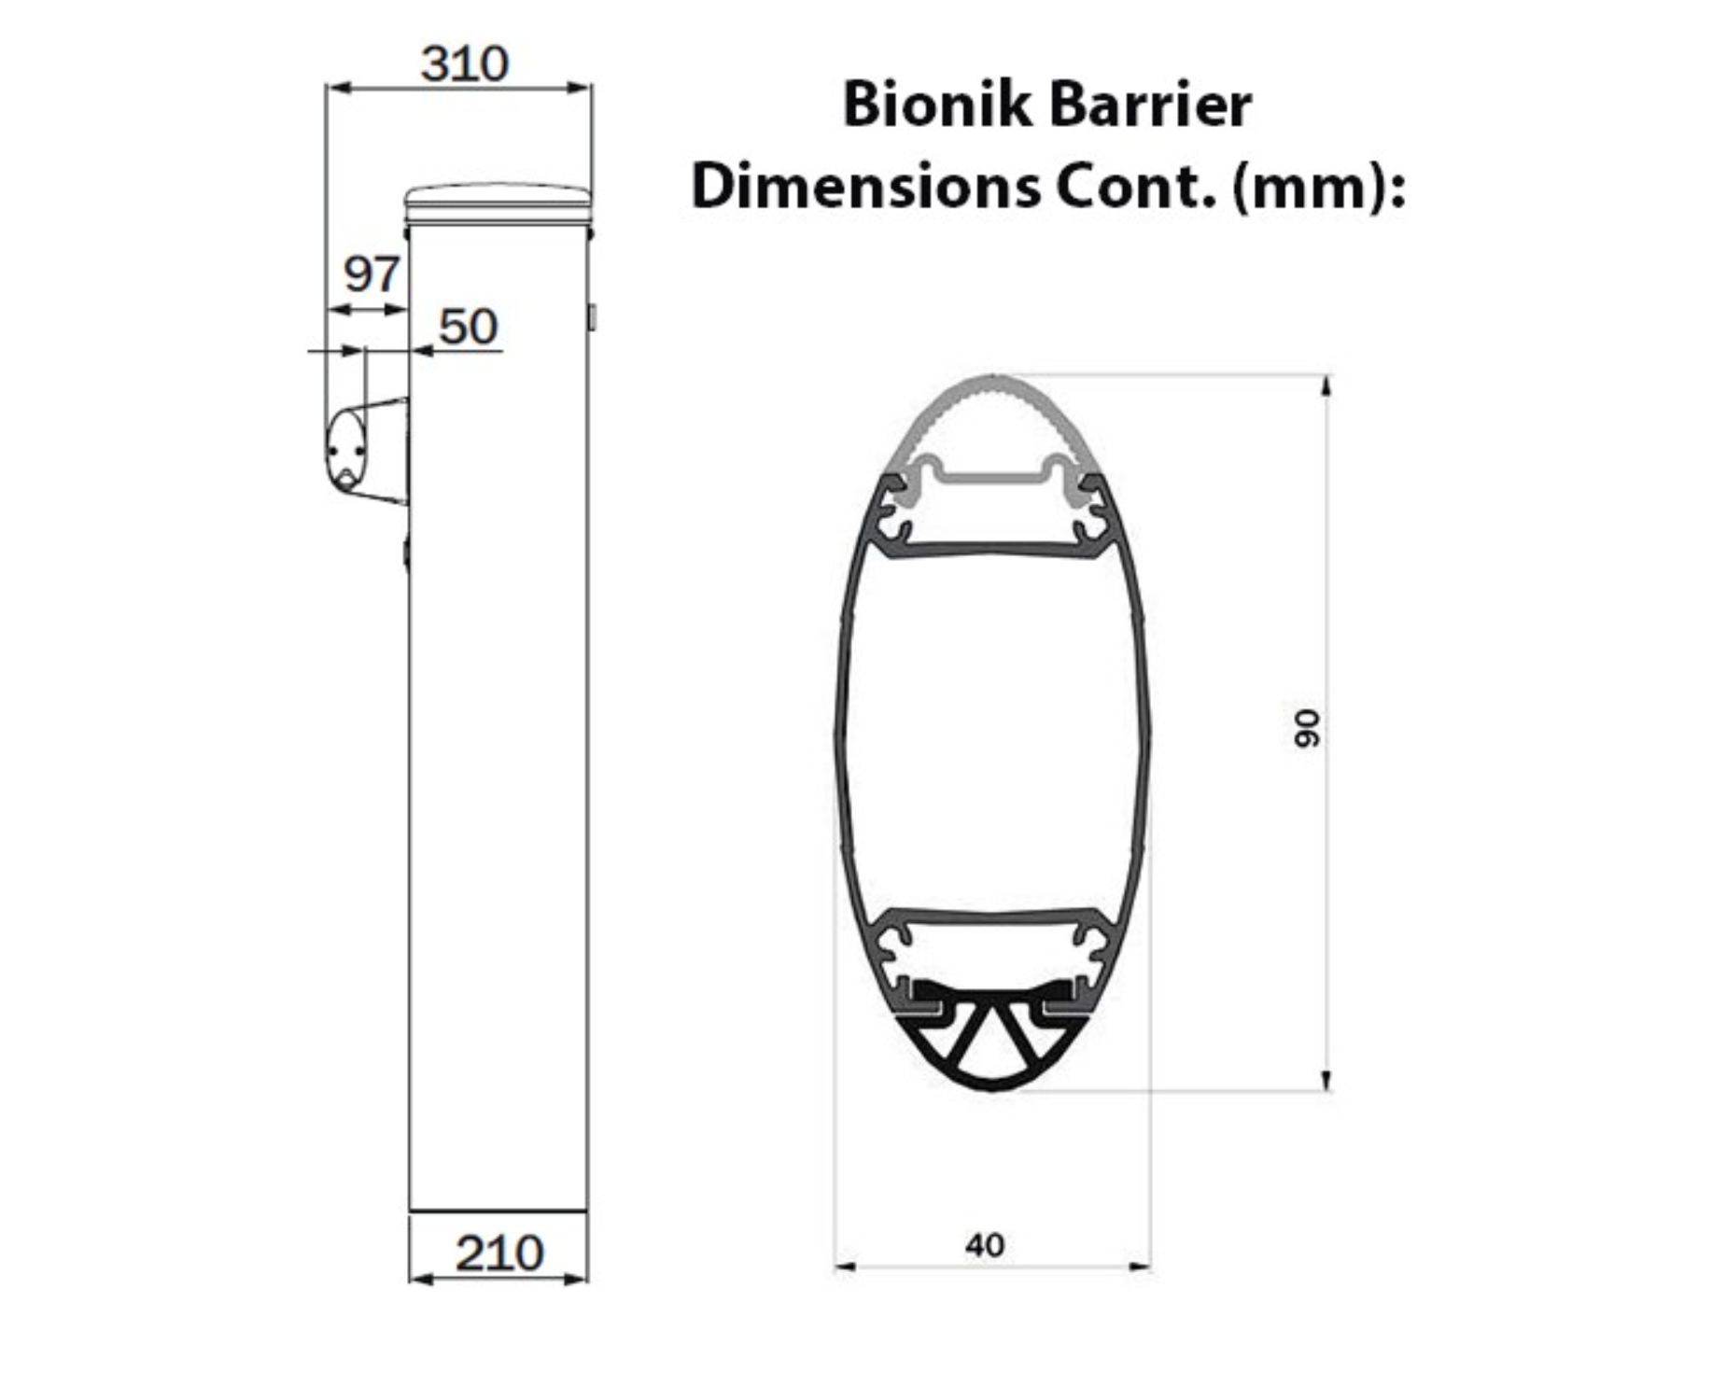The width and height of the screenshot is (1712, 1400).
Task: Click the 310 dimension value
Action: [464, 64]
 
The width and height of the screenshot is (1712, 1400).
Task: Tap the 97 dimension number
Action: [372, 274]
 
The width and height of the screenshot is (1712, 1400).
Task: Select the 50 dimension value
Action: [469, 327]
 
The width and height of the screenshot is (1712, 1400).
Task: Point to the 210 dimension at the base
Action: [499, 1253]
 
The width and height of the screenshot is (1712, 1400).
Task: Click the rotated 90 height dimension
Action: [1308, 728]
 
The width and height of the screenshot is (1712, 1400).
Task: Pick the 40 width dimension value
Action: [985, 1245]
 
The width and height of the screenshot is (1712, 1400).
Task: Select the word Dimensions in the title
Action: [865, 187]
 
